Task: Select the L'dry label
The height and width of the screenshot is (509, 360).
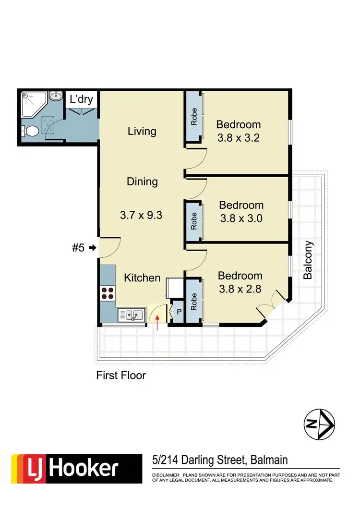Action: [x=82, y=100]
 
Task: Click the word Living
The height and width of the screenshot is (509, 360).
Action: [x=142, y=131]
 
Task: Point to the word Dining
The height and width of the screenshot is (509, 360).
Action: [x=142, y=182]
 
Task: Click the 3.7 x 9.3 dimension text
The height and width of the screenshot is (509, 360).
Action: [x=141, y=215]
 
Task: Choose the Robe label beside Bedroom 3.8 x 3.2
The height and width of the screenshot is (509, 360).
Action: [x=194, y=117]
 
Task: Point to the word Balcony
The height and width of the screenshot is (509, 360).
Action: [x=308, y=260]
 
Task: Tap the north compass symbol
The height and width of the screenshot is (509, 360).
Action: [x=319, y=424]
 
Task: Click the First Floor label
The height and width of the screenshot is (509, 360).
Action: [x=121, y=376]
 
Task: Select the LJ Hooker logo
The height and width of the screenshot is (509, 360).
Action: [x=72, y=468]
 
